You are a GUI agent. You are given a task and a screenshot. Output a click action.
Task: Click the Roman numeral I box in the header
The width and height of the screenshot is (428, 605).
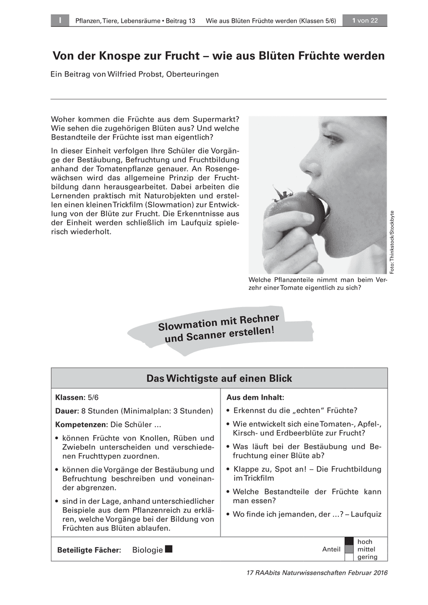click(x=60, y=21)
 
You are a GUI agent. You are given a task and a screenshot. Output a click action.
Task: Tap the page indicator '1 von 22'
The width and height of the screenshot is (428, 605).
click(x=365, y=21)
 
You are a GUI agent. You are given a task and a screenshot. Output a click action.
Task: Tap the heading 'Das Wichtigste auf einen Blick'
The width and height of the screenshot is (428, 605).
click(x=219, y=378)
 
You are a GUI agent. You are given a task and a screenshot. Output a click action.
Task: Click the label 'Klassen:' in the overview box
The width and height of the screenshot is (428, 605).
click(x=70, y=398)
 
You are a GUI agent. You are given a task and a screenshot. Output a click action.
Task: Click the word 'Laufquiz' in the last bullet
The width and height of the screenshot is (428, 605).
click(x=366, y=514)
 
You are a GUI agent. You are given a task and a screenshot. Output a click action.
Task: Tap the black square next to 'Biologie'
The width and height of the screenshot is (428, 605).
click(x=169, y=549)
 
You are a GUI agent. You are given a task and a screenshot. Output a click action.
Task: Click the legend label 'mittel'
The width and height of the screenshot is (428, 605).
click(x=366, y=550)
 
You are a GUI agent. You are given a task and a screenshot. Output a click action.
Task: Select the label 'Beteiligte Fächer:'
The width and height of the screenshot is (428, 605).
click(x=89, y=550)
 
